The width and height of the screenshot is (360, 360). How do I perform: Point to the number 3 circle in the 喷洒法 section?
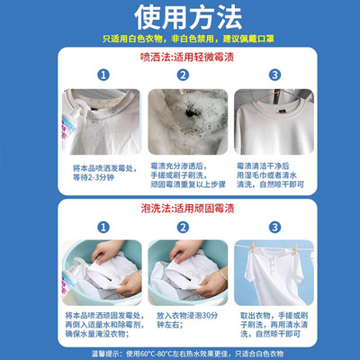pyautogui.click(x=274, y=75)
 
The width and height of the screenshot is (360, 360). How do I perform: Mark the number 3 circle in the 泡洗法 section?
pyautogui.click(x=274, y=227)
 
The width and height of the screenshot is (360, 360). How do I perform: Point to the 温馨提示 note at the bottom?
pyautogui.click(x=180, y=353)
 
